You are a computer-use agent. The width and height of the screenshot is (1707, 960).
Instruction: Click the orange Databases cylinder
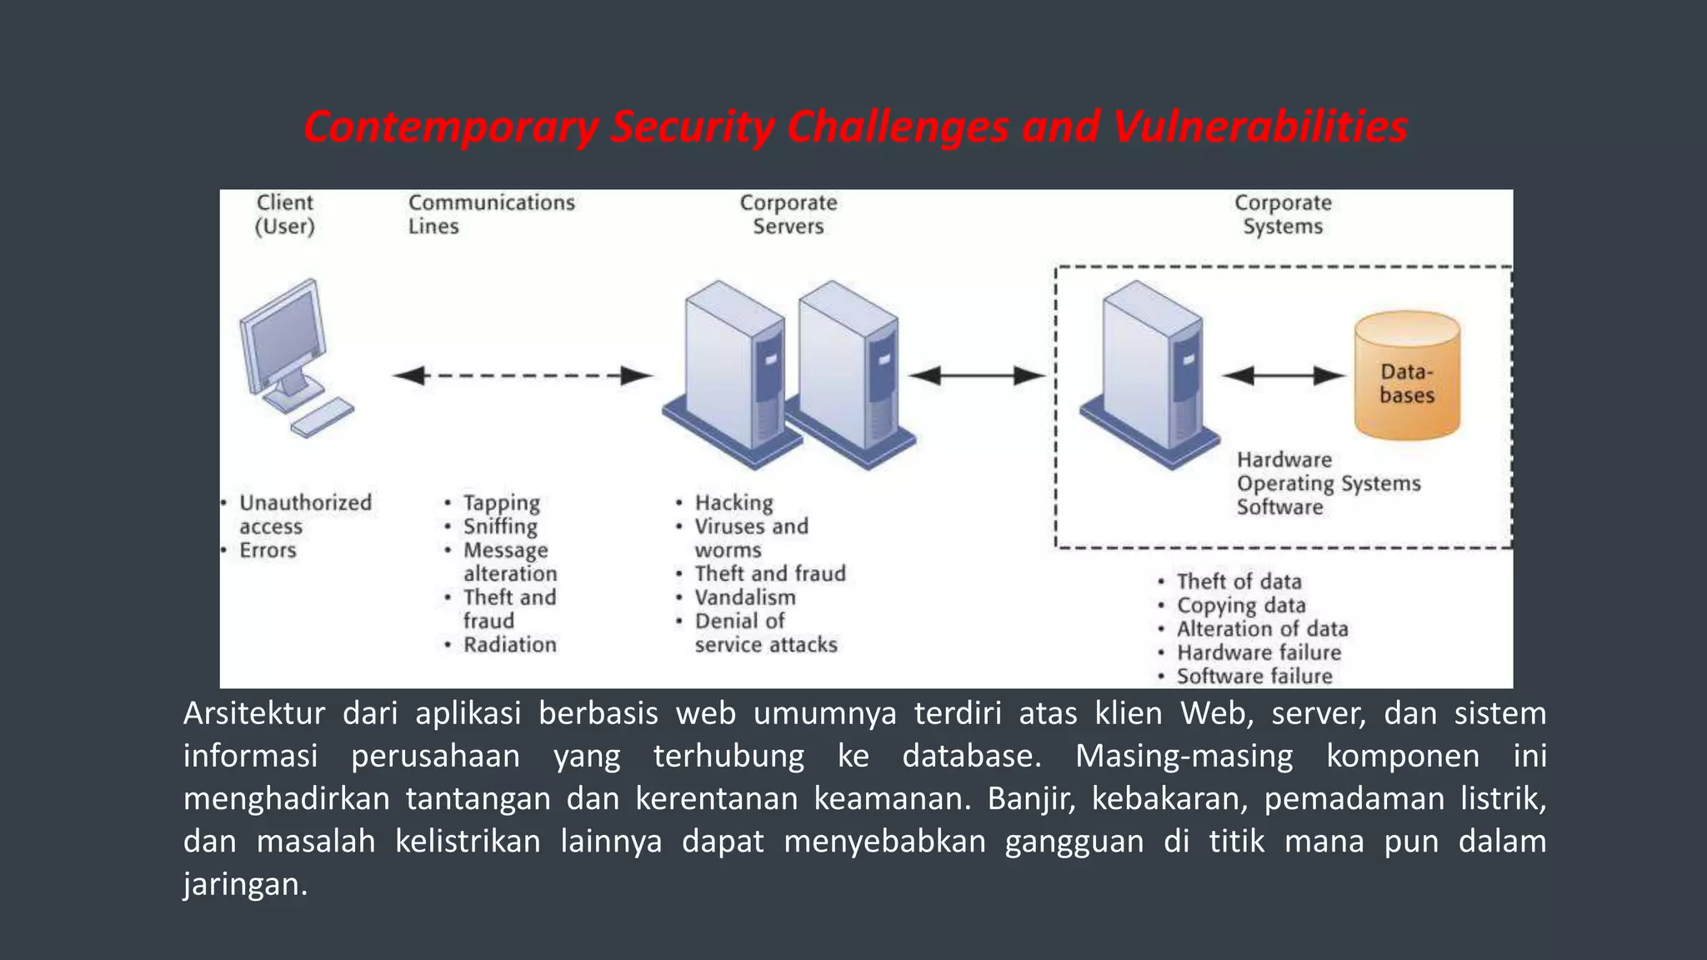tap(1407, 377)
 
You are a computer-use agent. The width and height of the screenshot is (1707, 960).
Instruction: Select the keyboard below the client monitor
tap(322, 417)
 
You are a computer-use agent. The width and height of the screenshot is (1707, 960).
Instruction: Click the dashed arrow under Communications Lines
tap(523, 376)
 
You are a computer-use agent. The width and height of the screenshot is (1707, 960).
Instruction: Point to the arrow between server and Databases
tap(1284, 376)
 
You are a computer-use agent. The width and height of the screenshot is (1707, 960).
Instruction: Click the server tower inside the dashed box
tap(1150, 375)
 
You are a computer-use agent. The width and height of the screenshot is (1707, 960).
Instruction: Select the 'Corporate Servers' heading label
tap(788, 214)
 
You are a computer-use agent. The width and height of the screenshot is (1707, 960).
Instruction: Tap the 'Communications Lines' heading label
tap(491, 214)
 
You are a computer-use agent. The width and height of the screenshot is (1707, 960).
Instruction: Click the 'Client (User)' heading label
tap(285, 214)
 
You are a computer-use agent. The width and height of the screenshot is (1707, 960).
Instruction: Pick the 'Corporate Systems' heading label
tap(1283, 214)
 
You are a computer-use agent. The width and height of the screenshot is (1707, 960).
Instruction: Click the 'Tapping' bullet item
tap(501, 502)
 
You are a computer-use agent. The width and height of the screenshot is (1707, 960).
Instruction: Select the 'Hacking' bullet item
tap(733, 502)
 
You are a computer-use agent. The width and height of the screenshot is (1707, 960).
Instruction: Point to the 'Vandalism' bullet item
tap(744, 597)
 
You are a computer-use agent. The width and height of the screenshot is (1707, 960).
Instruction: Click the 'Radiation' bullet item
tap(509, 645)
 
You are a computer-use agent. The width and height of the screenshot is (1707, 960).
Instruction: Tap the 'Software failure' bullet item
tap(1254, 676)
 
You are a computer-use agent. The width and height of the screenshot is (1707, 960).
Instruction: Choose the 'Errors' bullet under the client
tap(268, 550)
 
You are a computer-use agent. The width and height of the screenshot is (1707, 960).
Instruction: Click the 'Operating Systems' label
tap(1328, 483)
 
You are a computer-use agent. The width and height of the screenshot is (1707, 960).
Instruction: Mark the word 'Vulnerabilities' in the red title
tap(1260, 127)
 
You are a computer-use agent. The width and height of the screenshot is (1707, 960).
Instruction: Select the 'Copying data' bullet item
tap(1240, 605)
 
